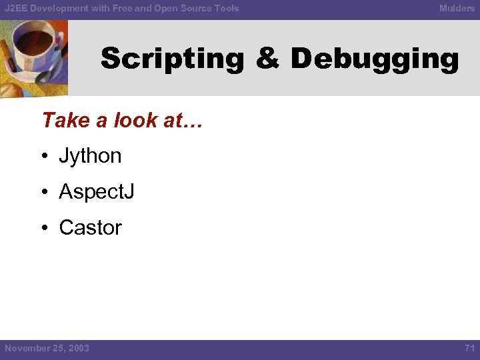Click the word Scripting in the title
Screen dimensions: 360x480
coord(173,59)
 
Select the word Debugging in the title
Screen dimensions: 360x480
coord(375,59)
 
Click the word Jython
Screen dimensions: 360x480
coord(90,156)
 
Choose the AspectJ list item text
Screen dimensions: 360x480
coord(97,192)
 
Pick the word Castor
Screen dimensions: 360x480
coord(90,227)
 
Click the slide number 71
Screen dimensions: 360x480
coord(469,348)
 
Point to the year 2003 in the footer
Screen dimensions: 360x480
coord(77,348)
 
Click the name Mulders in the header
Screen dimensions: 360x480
coord(457,8)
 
